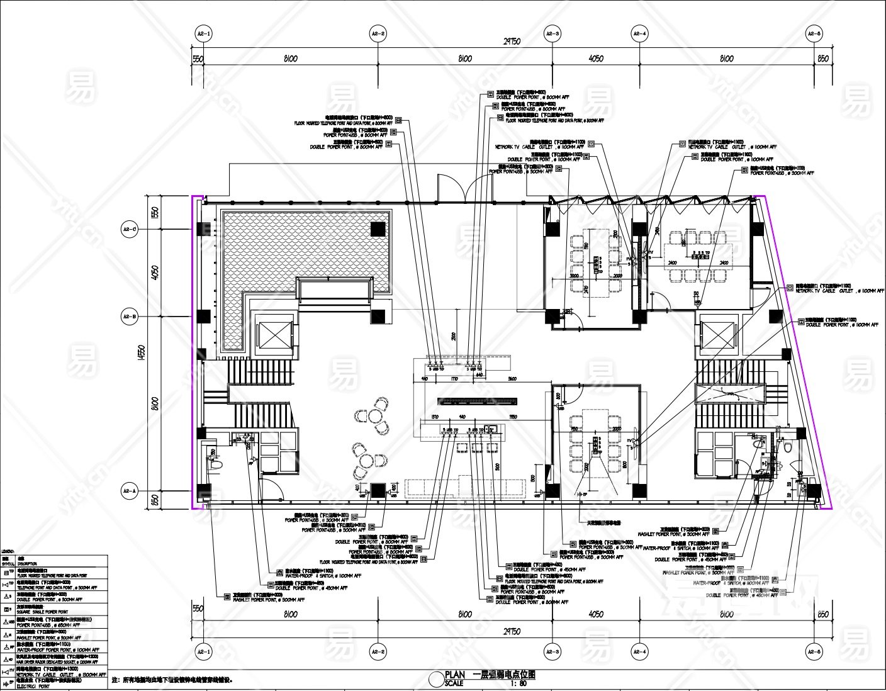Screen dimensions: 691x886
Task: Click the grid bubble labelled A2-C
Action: tap(130, 230)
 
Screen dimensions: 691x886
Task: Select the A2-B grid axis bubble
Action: tap(130, 317)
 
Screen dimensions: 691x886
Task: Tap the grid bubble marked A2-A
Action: tap(130, 491)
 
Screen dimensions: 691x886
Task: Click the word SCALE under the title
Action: tap(454, 683)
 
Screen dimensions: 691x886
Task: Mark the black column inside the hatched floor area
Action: tap(378, 229)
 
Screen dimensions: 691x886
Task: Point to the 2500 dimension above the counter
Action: tap(452, 337)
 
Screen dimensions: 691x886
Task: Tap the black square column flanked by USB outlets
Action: tap(378, 490)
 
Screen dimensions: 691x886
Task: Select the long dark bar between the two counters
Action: tap(478, 400)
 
